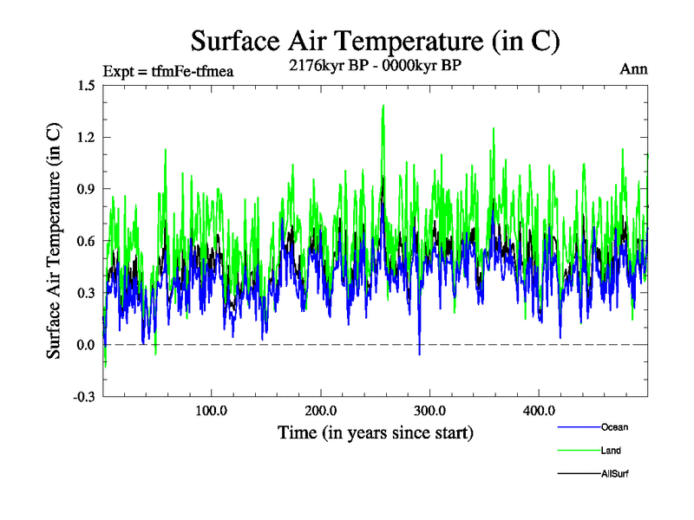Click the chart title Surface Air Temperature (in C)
(375, 41)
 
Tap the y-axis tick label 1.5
(86, 85)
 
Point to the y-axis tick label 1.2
(86, 137)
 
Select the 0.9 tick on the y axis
(86, 189)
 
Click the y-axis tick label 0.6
(86, 241)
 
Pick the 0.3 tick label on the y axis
(86, 293)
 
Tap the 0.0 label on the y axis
(86, 345)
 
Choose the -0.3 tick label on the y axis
(84, 397)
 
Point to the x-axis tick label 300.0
(429, 412)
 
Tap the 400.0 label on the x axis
(539, 412)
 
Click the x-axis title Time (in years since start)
(375, 432)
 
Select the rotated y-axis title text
(54, 241)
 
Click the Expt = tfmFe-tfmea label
(168, 69)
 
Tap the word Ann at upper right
(633, 68)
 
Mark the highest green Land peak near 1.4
(383, 107)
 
